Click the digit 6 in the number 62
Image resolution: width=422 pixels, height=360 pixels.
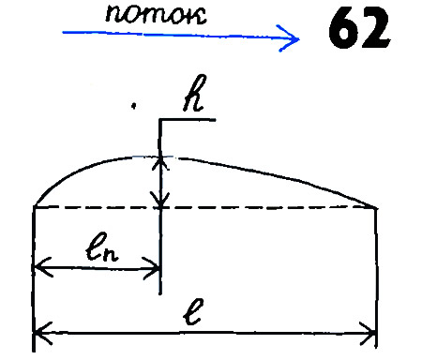[x=344, y=33]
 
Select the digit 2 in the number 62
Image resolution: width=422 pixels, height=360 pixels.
[x=373, y=33]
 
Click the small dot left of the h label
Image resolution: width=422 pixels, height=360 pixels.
[x=135, y=108]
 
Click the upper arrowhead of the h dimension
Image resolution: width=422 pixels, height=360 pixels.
[x=163, y=161]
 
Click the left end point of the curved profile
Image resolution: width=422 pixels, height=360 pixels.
[x=35, y=206]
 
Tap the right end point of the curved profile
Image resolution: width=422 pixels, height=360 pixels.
[x=377, y=207]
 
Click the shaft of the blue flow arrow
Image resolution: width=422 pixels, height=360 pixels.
[x=169, y=35]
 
